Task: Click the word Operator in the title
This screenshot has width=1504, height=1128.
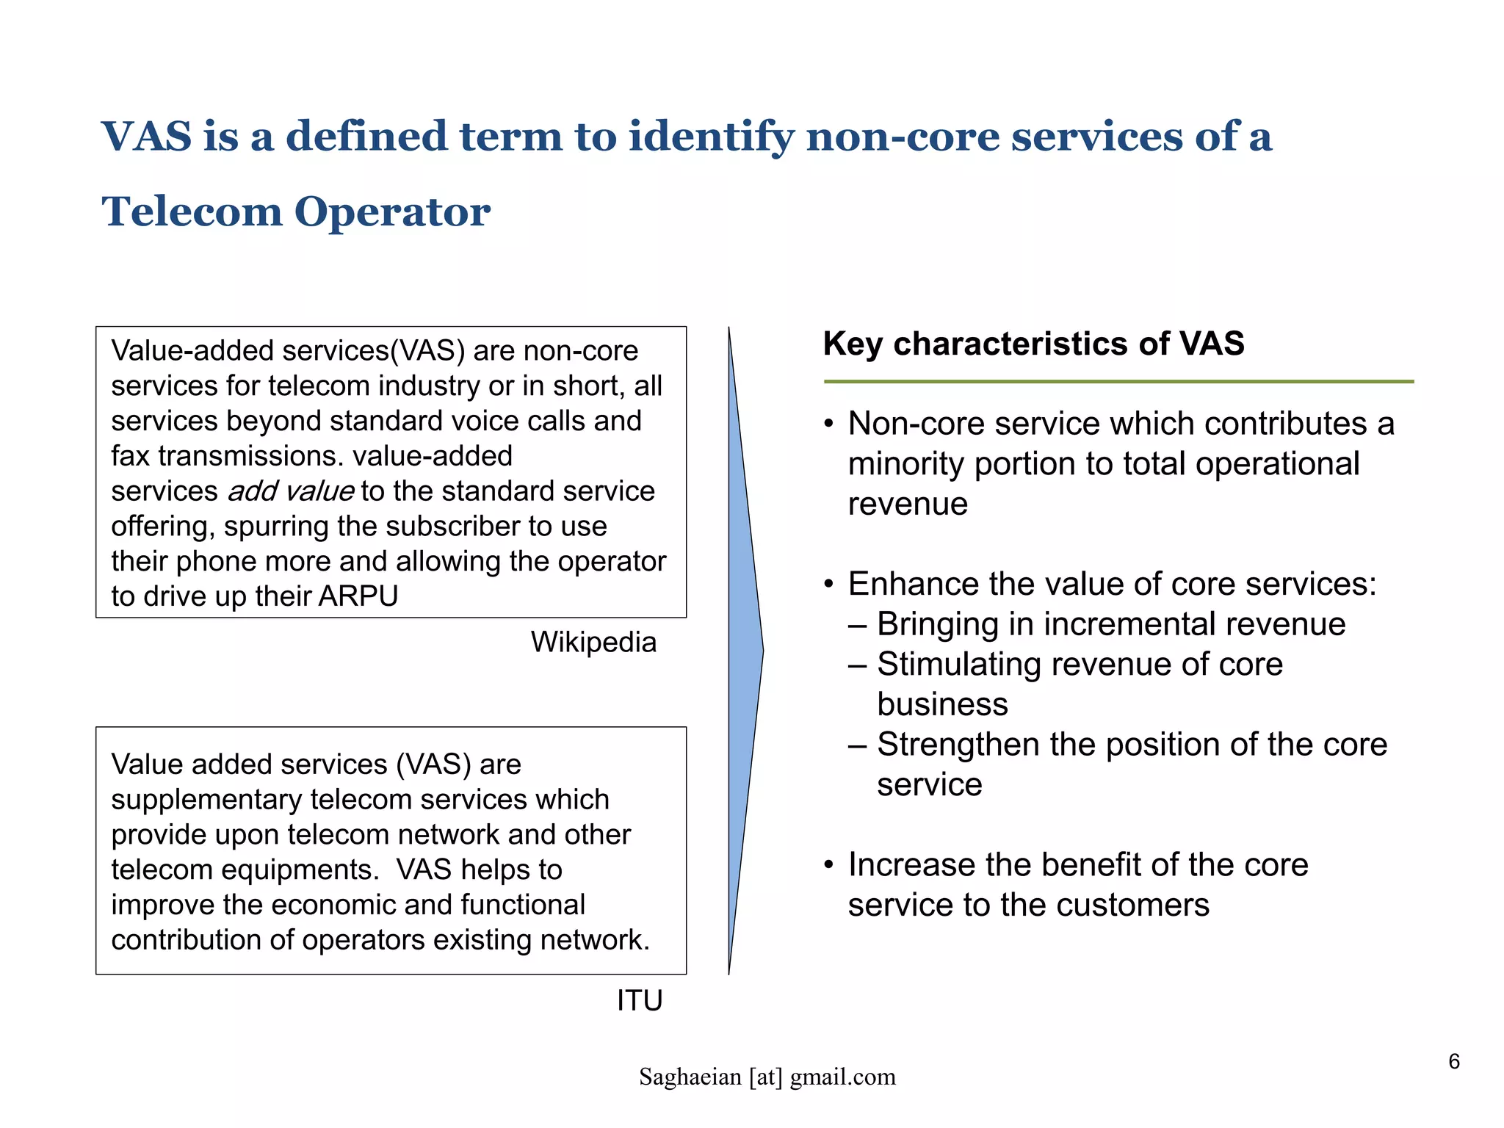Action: tap(392, 213)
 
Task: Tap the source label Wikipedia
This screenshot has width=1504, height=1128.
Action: tap(593, 642)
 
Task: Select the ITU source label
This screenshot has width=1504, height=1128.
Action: tap(640, 1000)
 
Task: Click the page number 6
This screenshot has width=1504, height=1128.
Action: tap(1453, 1061)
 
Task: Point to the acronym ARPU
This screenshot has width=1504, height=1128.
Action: tap(358, 596)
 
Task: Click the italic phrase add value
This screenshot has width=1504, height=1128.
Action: tap(292, 491)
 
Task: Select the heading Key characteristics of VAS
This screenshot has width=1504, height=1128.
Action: tap(1033, 344)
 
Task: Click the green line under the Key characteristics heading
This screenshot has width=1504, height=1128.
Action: tap(1118, 382)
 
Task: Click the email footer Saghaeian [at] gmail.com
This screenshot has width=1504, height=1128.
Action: tap(767, 1077)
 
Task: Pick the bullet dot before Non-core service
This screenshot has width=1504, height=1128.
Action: tap(829, 424)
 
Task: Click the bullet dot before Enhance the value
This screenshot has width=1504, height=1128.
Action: tap(829, 585)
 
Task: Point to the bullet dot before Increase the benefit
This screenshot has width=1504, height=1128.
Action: tap(829, 865)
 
